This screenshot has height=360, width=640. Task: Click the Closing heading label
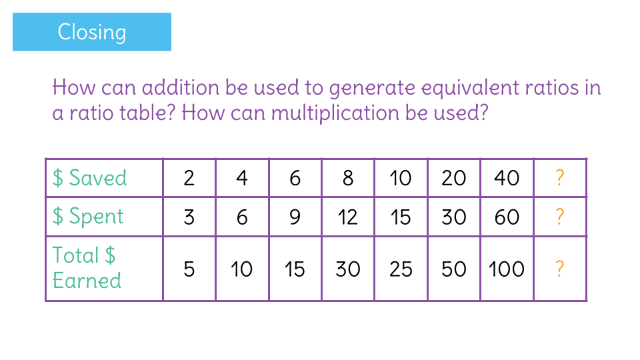coord(92,32)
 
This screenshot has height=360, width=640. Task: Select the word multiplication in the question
coord(335,113)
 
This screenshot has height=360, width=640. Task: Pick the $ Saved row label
coord(90,178)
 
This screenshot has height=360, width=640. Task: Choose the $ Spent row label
coord(88,216)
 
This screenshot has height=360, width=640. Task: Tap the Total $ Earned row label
coord(87,268)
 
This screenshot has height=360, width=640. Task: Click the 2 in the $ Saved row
coord(189,179)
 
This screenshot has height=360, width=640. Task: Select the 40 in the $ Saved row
coord(507,179)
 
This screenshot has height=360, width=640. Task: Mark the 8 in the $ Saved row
coord(348,179)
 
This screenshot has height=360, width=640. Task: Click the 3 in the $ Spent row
coord(189,217)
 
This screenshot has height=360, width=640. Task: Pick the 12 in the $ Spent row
coord(347,217)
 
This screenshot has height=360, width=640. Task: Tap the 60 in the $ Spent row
coord(507,217)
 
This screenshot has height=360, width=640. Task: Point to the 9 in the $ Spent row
coord(295,217)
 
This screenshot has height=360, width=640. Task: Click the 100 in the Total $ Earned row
coord(507,269)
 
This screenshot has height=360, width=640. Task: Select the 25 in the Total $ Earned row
coord(401,269)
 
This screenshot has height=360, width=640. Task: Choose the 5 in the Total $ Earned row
coord(189,269)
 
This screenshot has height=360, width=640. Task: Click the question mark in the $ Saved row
coord(559,178)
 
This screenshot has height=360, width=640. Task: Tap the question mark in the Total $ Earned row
coord(559,269)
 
